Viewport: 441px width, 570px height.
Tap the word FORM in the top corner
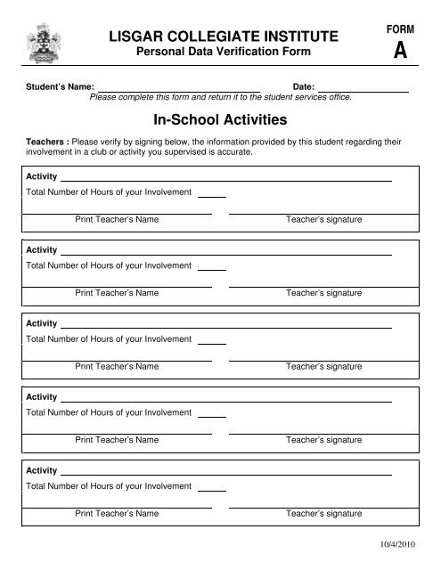coord(398,28)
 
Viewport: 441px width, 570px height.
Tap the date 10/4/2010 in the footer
coord(399,542)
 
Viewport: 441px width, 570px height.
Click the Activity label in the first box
coord(42,176)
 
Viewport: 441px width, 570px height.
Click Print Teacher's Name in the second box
coord(118,293)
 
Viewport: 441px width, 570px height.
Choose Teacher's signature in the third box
coord(323,366)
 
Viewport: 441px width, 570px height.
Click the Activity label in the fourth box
coord(42,396)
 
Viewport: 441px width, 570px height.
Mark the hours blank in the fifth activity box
coord(211,489)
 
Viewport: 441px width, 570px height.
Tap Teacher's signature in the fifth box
coord(323,514)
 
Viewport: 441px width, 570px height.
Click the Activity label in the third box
coord(42,323)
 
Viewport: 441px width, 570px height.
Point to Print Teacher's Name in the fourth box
coord(118,440)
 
